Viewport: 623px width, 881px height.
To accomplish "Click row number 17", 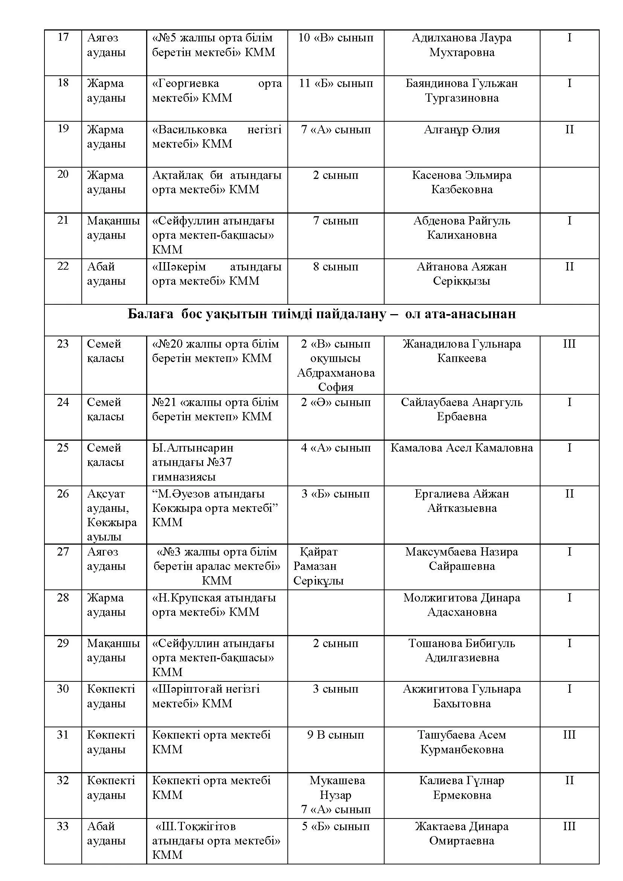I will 63,37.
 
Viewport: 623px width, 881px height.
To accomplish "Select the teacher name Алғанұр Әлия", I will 461,130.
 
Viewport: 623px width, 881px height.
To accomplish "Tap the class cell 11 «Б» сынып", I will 336,84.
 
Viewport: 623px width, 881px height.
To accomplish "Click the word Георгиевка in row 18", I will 186,84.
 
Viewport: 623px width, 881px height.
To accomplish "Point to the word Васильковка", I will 189,130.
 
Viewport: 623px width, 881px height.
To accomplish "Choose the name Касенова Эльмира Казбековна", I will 461,182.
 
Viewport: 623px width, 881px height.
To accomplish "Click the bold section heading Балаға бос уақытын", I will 321,314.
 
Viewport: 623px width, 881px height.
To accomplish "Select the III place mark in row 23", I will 569,344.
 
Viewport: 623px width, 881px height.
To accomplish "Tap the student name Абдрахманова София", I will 336,380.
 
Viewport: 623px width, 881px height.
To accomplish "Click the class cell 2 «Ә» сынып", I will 336,402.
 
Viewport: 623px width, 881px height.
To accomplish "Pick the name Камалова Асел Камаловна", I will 461,448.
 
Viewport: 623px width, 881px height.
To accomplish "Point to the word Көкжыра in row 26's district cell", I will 111,522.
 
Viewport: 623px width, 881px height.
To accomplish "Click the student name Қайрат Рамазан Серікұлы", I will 318,566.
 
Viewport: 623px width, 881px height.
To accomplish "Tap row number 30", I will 63,689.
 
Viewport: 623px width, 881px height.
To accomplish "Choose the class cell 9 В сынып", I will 336,735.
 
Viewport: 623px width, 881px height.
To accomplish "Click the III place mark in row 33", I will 569,826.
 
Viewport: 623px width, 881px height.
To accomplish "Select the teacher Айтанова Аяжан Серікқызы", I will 461,273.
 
